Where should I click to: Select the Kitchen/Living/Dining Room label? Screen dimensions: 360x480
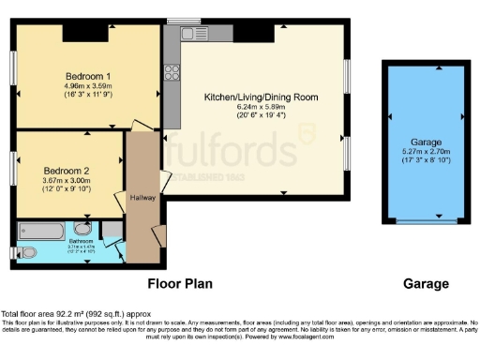point(262,97)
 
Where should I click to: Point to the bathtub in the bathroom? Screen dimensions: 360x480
point(49,229)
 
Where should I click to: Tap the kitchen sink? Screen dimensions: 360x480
point(195,34)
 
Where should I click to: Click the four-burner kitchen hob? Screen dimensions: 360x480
point(172,71)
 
